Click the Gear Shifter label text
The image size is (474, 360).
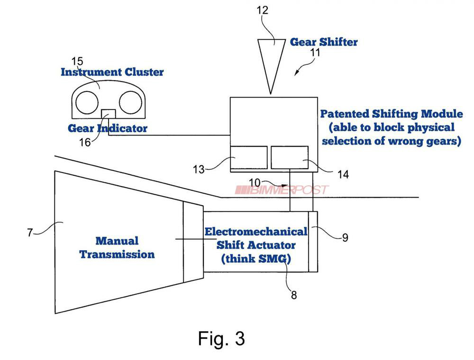tap(324, 42)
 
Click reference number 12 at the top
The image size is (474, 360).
tap(262, 10)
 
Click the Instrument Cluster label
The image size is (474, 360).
tap(112, 72)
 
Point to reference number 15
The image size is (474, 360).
tap(77, 61)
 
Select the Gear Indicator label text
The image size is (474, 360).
tap(108, 128)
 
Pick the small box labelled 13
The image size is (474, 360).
tap(248, 158)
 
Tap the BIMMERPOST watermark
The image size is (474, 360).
tap(282, 190)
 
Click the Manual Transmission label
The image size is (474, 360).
tap(117, 247)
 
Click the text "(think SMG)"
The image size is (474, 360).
tap(256, 259)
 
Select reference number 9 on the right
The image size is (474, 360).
tap(345, 237)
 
